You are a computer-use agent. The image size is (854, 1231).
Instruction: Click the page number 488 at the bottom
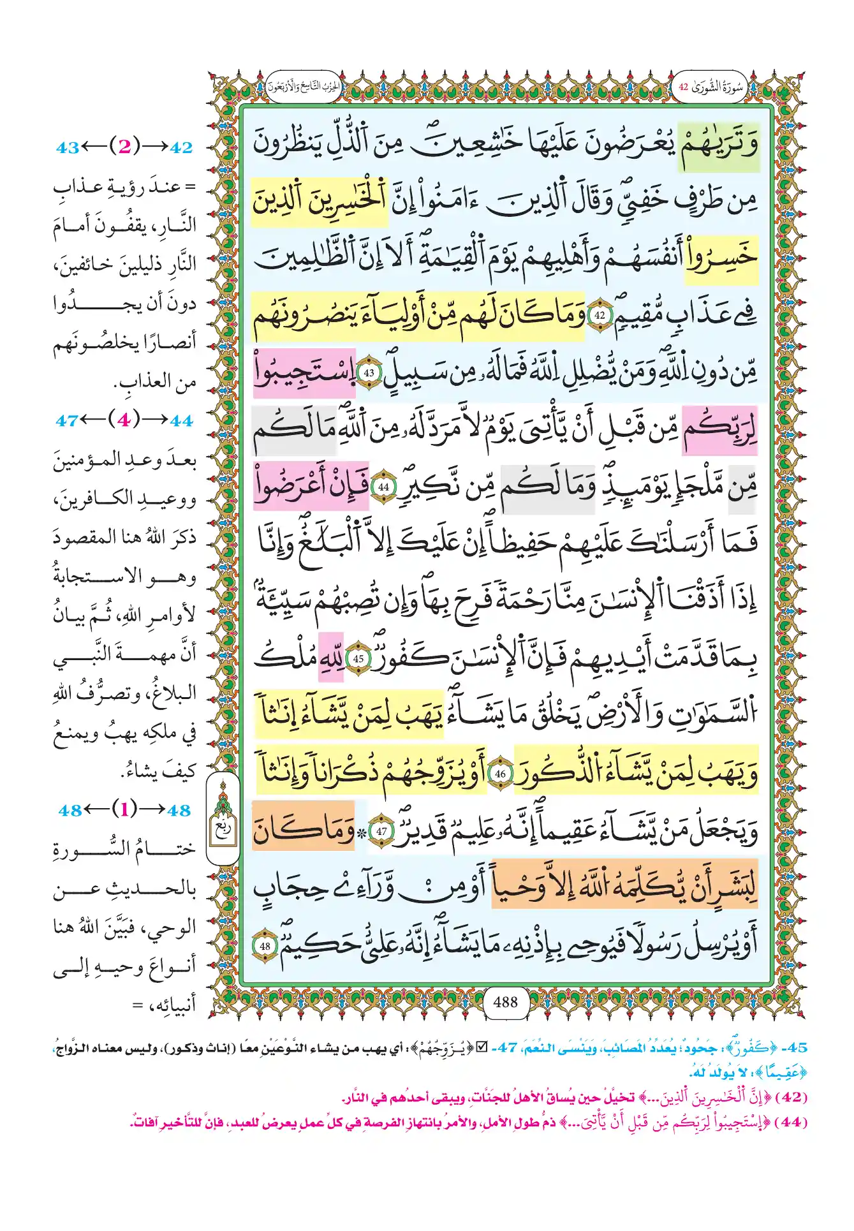tap(505, 1002)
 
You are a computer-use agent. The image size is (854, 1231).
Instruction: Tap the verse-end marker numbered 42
tap(600, 315)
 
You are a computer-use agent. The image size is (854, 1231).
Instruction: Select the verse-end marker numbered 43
tap(369, 373)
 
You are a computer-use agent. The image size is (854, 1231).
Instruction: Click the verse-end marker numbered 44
tap(383, 487)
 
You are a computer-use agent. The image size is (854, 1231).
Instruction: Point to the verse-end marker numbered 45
tap(358, 659)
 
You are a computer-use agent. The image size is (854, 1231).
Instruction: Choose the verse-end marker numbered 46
tap(500, 774)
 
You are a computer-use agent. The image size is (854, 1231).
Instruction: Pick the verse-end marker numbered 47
tap(381, 832)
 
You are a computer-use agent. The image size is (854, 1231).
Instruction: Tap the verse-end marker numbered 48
tap(265, 946)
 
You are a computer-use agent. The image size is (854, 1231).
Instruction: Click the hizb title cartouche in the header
tap(304, 87)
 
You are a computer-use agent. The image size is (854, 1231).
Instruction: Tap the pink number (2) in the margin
tap(124, 147)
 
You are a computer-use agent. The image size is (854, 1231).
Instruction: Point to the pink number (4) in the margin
tap(124, 420)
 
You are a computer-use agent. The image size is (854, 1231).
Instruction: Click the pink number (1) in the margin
tap(124, 810)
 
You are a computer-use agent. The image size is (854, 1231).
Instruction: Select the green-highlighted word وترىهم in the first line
tap(718, 146)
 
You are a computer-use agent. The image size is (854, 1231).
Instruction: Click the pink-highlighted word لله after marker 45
tap(331, 658)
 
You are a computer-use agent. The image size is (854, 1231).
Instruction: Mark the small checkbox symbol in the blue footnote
tap(482, 1047)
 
